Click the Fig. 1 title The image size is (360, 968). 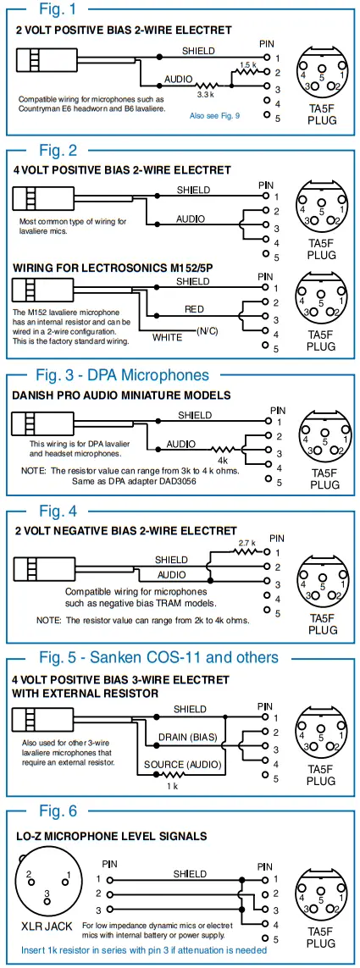pyautogui.click(x=57, y=9)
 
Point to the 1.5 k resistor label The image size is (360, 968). pyautogui.click(x=247, y=65)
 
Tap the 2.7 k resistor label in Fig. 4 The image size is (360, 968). pyautogui.click(x=246, y=542)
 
